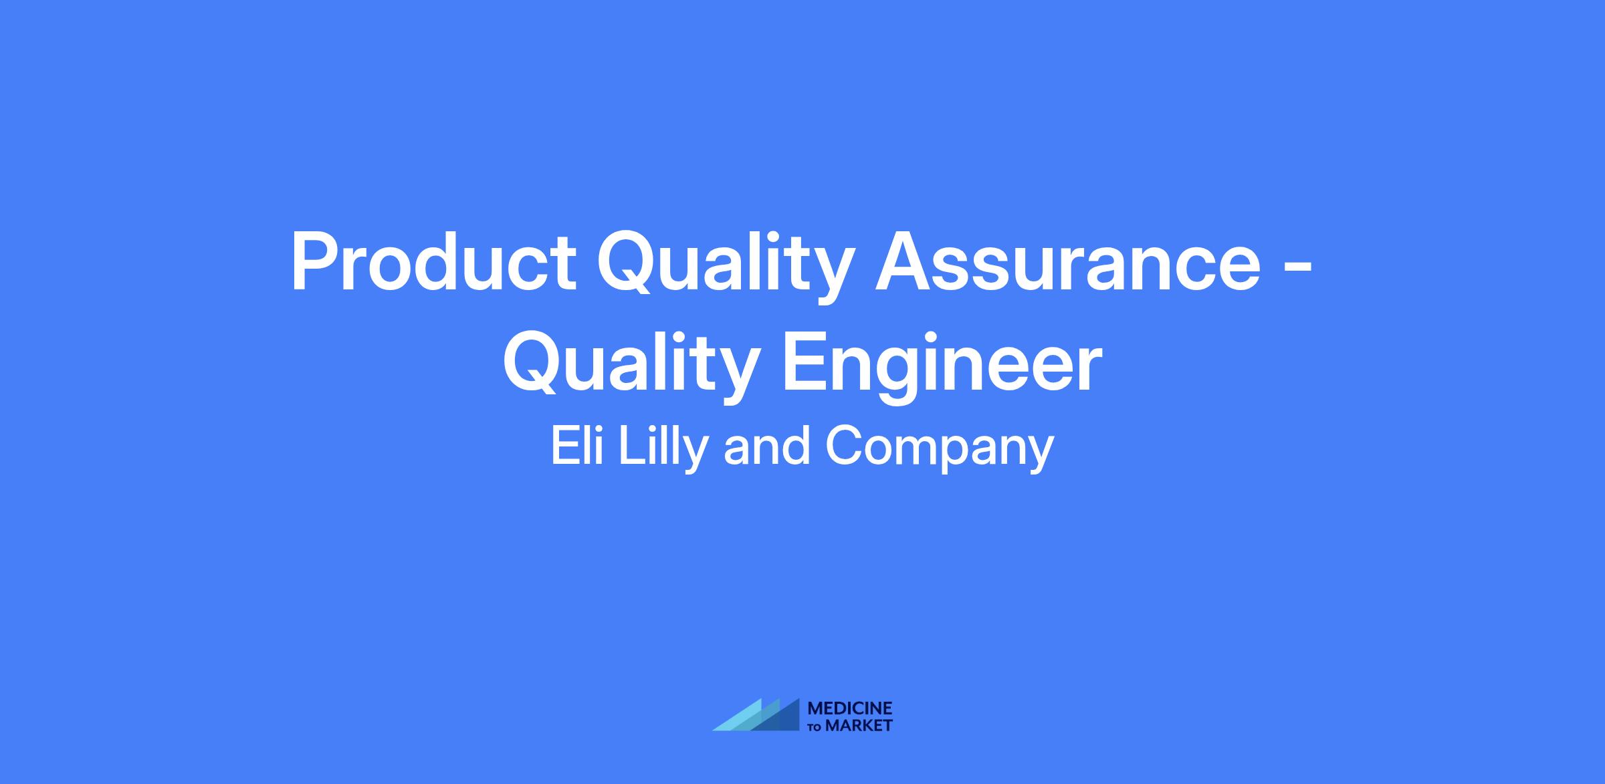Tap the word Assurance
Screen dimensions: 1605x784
coord(1068,261)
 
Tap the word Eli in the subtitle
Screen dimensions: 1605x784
coord(577,446)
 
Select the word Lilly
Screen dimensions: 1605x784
coord(662,450)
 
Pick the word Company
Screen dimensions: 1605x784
coord(940,450)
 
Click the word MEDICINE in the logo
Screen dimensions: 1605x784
coord(850,708)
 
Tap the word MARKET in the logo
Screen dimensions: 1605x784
coord(859,725)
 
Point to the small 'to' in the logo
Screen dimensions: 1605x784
coord(815,727)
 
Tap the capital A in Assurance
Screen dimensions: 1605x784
coord(903,261)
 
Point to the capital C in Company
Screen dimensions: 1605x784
coord(843,446)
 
